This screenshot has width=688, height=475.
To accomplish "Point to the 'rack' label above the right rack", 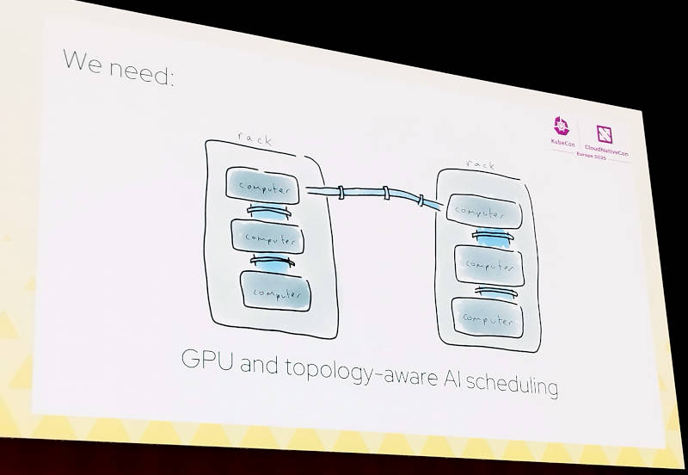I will pyautogui.click(x=481, y=164).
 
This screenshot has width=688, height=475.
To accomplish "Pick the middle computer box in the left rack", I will pyautogui.click(x=271, y=237).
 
